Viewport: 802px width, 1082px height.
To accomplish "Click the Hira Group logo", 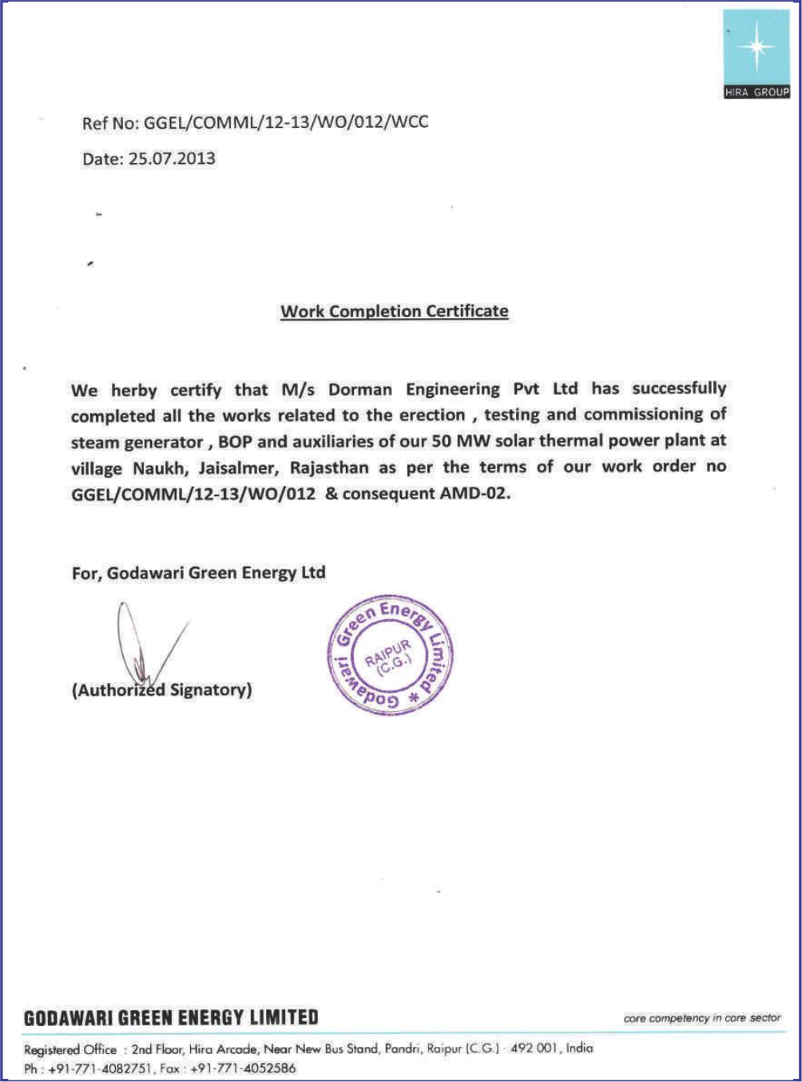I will tap(756, 54).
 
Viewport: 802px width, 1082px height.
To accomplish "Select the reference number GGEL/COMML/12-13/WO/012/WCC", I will tap(286, 122).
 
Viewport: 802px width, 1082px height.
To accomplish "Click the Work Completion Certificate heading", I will tap(394, 312).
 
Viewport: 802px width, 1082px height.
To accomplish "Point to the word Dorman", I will tap(360, 390).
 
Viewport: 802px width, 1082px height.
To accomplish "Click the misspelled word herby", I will tap(133, 391).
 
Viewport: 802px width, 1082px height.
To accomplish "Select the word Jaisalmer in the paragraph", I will tap(239, 467).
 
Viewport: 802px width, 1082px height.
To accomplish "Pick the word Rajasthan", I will tap(329, 467).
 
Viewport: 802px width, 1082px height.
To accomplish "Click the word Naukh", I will tap(159, 468).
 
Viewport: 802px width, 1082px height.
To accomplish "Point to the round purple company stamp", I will tap(390, 654).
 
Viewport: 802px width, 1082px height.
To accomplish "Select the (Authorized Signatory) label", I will tap(161, 690).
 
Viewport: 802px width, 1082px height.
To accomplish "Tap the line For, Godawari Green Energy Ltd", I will tap(198, 573).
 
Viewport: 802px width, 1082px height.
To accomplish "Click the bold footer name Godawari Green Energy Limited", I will tap(171, 1018).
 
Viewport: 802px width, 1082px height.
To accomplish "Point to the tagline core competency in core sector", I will tap(701, 1018).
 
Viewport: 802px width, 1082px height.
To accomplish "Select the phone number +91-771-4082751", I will tap(99, 1068).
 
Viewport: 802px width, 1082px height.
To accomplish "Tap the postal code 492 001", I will tap(534, 1048).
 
